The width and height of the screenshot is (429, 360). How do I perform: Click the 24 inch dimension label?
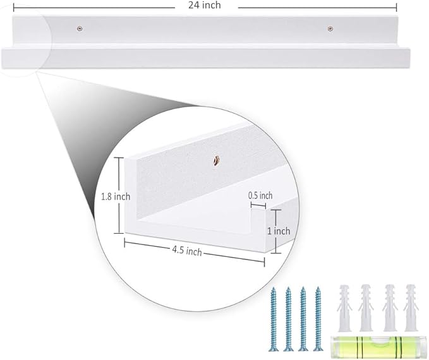(x=204, y=5)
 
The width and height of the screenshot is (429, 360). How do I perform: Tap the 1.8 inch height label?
(x=116, y=196)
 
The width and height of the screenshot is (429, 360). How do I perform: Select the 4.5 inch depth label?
(x=187, y=251)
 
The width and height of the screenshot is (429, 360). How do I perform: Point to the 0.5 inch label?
(x=260, y=196)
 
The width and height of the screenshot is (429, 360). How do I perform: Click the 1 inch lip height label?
(x=279, y=231)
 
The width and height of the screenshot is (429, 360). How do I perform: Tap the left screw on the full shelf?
(x=80, y=28)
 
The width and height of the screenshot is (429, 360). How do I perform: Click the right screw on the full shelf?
(x=330, y=28)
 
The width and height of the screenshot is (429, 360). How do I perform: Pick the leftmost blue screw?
(x=274, y=319)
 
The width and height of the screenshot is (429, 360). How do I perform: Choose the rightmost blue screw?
(x=318, y=319)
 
